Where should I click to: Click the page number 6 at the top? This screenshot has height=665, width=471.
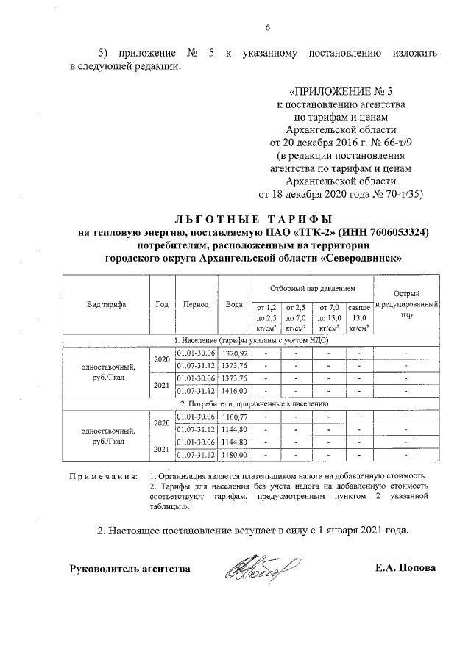[x=268, y=28]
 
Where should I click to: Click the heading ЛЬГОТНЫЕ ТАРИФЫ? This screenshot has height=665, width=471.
[x=253, y=218]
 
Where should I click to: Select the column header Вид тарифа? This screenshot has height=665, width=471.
[x=106, y=304]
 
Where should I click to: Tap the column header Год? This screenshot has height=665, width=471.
[x=162, y=304]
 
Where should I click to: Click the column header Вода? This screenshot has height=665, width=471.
[x=234, y=304]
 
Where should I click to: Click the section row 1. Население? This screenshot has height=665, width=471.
[x=251, y=341]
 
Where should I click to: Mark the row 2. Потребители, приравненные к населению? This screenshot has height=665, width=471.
[x=251, y=404]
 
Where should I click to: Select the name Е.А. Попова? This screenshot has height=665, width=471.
[x=405, y=569]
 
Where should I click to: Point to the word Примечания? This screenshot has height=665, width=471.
[x=103, y=477]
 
